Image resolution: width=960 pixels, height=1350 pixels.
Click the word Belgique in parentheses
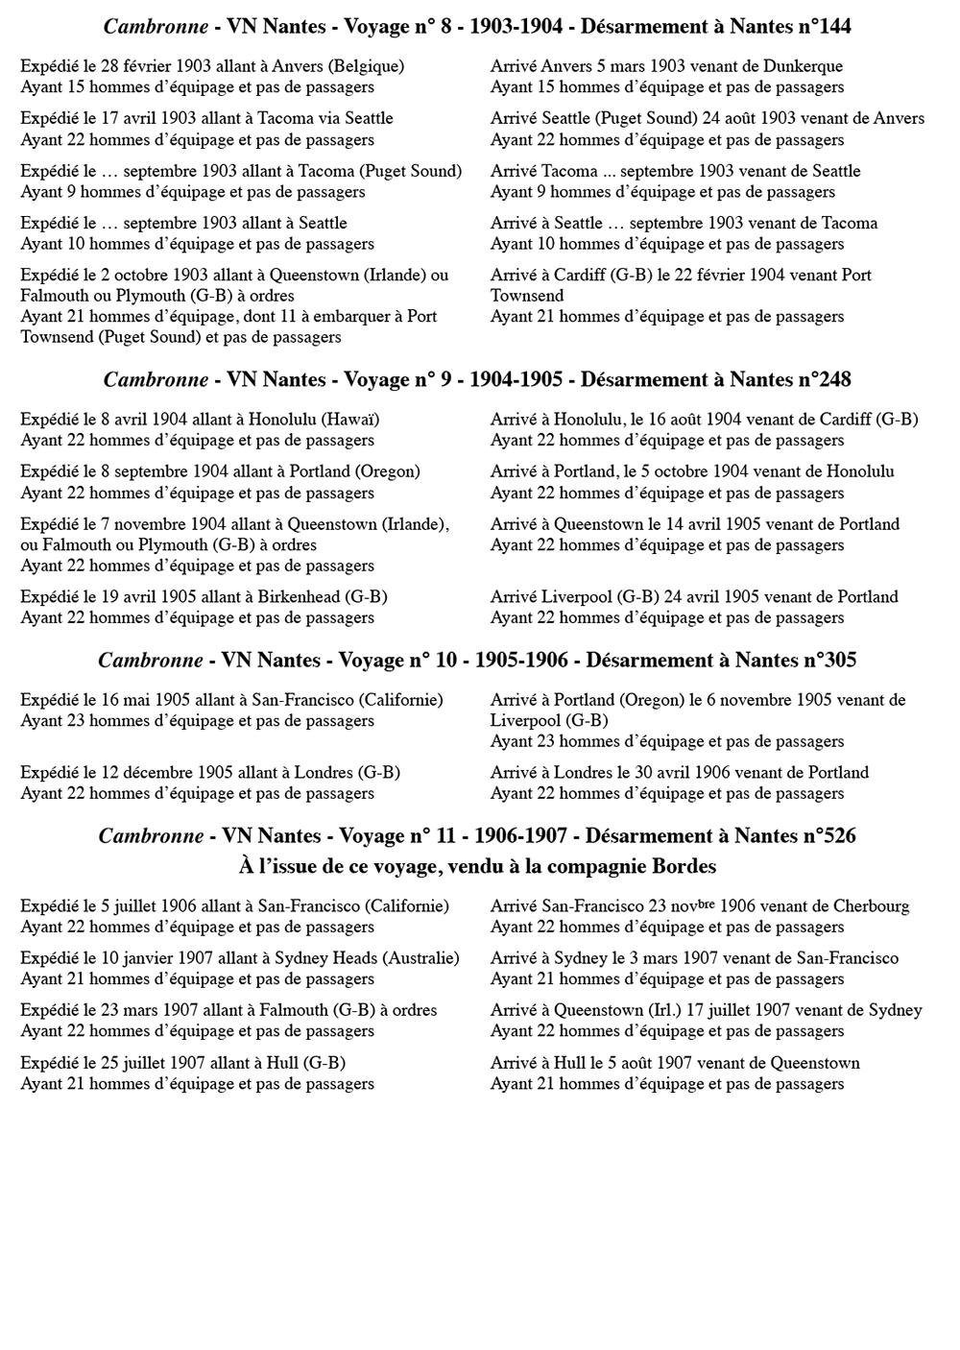pos(365,66)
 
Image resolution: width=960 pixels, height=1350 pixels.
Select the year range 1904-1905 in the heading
pos(516,380)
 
